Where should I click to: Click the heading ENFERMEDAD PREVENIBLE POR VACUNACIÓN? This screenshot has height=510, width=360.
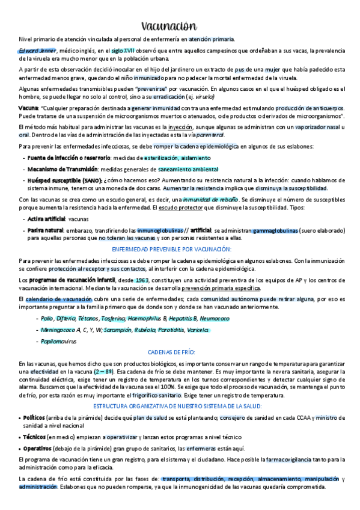(x=180, y=249)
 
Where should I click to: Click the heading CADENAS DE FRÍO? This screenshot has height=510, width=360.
(x=179, y=352)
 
